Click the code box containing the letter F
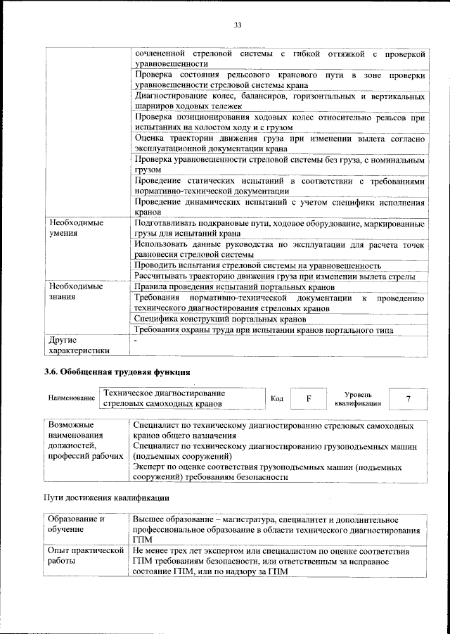[x=308, y=399]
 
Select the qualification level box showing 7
[x=408, y=399]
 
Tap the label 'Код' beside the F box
[x=277, y=399]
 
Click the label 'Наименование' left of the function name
[x=72, y=399]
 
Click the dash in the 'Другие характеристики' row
[x=136, y=340]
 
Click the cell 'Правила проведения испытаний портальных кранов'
[x=233, y=287]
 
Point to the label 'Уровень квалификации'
[x=354, y=399]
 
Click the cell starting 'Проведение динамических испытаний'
[x=279, y=207]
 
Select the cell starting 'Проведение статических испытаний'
[x=279, y=186]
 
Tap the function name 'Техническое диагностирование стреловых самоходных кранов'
[x=163, y=398]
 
